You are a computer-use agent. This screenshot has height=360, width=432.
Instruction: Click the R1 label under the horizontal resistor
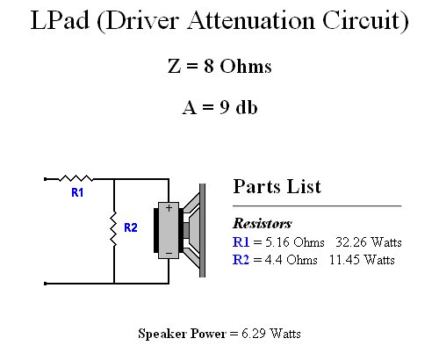click(77, 192)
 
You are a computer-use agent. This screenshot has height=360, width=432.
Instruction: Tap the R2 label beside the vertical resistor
click(131, 227)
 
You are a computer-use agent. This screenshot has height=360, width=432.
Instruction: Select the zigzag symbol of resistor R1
click(76, 178)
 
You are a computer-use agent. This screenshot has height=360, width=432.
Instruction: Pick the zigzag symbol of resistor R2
click(113, 228)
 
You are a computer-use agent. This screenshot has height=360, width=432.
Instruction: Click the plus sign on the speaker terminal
click(169, 208)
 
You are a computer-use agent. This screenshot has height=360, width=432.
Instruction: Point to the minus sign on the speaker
click(169, 253)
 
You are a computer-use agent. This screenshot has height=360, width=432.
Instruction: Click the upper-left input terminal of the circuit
click(45, 179)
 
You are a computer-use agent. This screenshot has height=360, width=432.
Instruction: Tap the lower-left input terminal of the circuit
click(45, 284)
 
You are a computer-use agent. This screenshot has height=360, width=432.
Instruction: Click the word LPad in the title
click(60, 20)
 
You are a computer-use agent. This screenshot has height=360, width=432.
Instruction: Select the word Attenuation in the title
click(251, 20)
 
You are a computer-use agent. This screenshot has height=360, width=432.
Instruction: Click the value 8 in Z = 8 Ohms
click(209, 66)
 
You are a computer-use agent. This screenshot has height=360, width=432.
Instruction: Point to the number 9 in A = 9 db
click(225, 107)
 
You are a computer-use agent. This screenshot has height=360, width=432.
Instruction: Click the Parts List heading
click(277, 186)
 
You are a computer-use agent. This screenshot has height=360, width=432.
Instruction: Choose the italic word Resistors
click(263, 223)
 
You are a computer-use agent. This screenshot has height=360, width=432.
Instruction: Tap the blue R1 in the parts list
click(241, 242)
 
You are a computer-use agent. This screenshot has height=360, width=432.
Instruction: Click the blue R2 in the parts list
click(241, 260)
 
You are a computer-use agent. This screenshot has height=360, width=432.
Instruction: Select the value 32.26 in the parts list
click(351, 242)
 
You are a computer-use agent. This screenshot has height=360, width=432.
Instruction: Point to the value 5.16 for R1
click(277, 242)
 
